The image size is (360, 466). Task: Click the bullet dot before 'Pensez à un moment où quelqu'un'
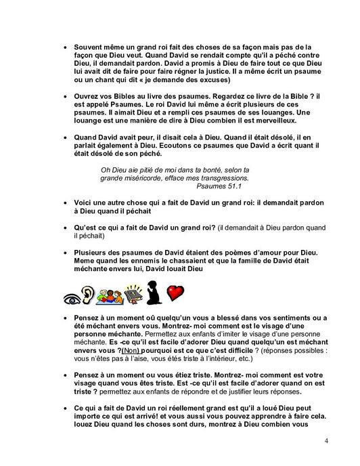point(64,318)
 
